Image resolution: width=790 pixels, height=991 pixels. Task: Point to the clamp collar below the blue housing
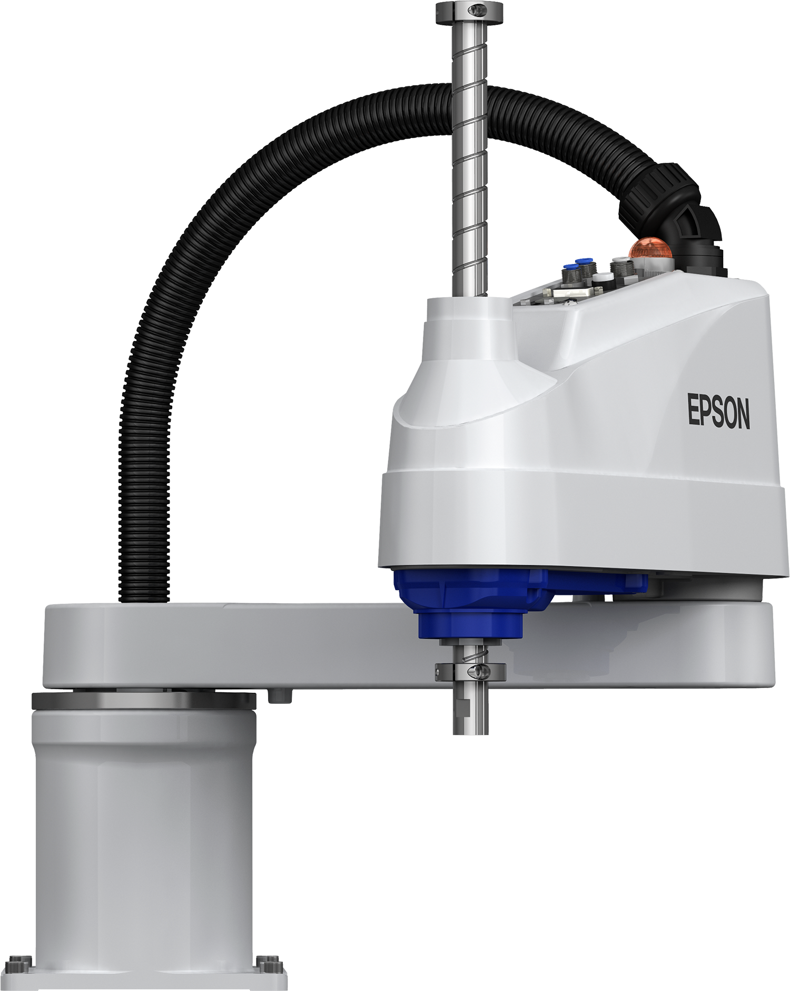pyautogui.click(x=470, y=671)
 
